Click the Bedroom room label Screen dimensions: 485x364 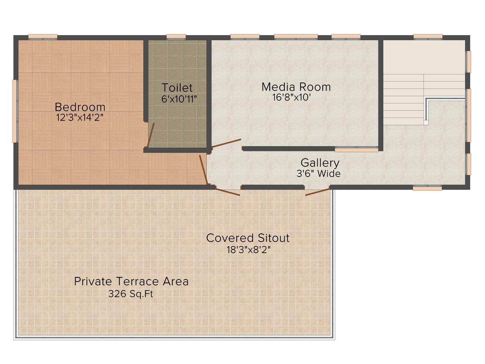[80, 107]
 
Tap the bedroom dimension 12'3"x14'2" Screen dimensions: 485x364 [79, 118]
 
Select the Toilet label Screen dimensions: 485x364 [177, 87]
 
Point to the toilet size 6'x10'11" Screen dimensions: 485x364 [179, 99]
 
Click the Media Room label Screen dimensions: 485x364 [296, 87]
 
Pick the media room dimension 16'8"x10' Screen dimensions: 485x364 [291, 97]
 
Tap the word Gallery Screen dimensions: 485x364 [320, 163]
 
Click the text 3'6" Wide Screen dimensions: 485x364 [319, 174]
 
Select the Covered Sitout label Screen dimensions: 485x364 [248, 238]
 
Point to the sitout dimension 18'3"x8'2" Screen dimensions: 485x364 [248, 249]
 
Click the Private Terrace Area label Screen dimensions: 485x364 [131, 281]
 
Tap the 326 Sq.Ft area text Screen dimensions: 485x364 [130, 293]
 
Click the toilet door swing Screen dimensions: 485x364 [150, 135]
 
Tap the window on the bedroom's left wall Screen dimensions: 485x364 [15, 111]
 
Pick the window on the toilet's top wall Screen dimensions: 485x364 [176, 37]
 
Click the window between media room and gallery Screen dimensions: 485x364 [356, 150]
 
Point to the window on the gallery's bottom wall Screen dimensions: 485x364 [423, 187]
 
